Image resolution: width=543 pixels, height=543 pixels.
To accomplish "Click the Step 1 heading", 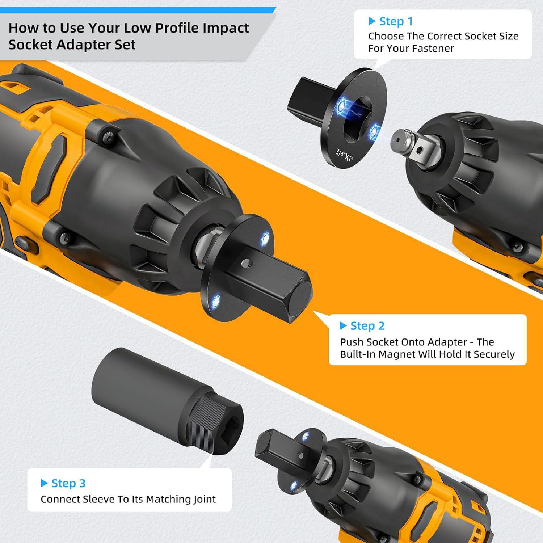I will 396,22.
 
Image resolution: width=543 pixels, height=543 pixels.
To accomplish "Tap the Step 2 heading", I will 367,326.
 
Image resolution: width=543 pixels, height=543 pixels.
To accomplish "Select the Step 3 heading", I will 68,483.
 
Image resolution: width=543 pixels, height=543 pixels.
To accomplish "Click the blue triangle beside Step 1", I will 372,21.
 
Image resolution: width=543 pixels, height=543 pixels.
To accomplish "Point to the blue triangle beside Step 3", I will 44,483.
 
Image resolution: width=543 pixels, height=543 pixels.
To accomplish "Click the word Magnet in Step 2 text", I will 397,354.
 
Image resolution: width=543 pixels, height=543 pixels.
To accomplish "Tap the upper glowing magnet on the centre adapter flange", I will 265,238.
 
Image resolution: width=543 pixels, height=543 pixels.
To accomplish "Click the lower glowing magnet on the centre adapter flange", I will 217,300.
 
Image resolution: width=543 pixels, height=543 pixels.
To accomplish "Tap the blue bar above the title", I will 138,10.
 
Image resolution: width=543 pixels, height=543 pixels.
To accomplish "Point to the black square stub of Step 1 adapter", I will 304,97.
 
